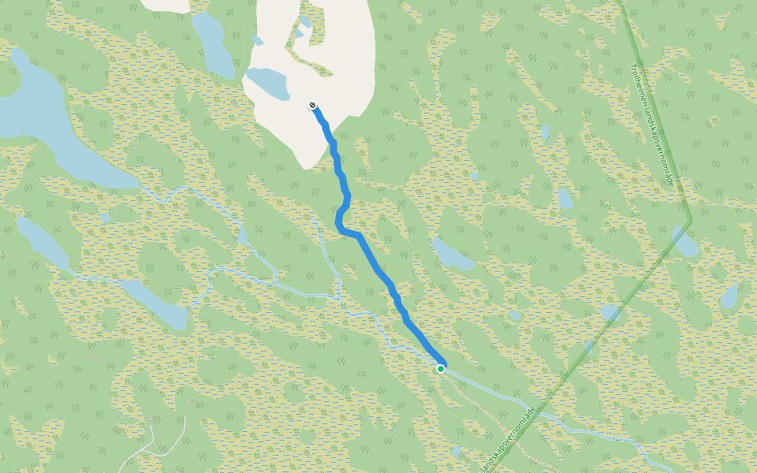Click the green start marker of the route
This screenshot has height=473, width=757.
(x=441, y=368)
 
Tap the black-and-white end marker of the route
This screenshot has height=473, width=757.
(x=313, y=105)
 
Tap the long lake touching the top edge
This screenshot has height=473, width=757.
(x=212, y=43)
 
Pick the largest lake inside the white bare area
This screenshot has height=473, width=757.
(x=267, y=83)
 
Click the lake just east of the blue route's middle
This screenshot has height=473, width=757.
(x=454, y=255)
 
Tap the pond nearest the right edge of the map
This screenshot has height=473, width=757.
(x=730, y=296)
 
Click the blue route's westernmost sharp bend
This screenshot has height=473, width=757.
(x=339, y=225)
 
